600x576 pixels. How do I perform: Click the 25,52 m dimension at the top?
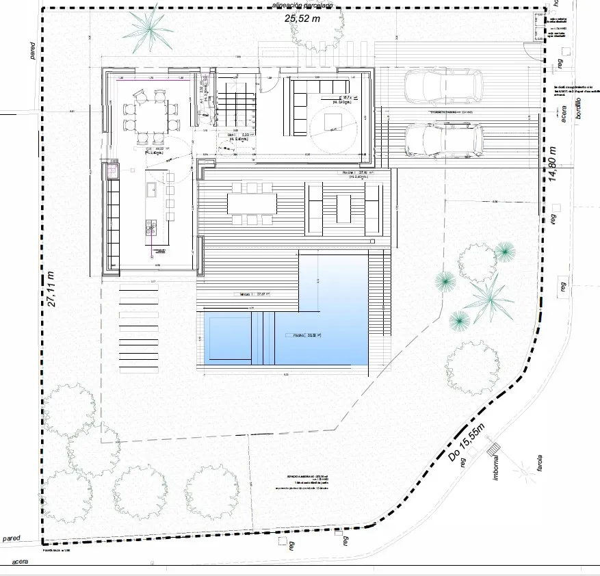point(302,19)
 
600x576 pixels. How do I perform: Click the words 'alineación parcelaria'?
point(302,5)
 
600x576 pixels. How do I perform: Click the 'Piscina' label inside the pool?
point(298,336)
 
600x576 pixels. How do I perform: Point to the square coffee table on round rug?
point(332,121)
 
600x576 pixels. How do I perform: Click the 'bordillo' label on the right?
point(578,109)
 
